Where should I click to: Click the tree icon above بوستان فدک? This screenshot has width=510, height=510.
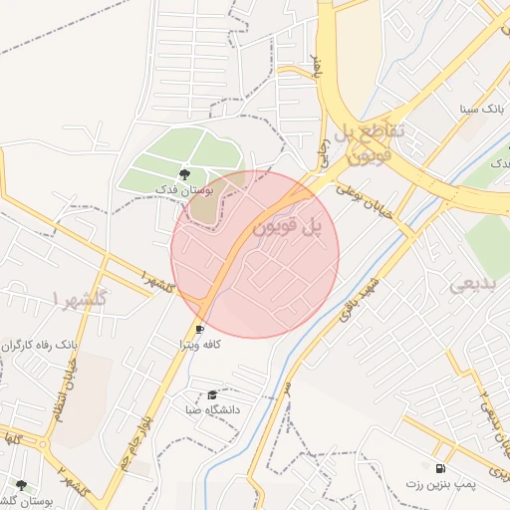183,174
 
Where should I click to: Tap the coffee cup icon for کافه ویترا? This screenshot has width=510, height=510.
200,329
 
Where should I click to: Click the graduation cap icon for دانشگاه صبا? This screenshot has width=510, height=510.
212,395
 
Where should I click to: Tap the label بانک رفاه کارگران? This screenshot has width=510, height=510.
41,344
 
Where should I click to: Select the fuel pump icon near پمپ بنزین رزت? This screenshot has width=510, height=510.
440,468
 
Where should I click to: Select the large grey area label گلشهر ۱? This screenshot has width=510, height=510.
84,298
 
